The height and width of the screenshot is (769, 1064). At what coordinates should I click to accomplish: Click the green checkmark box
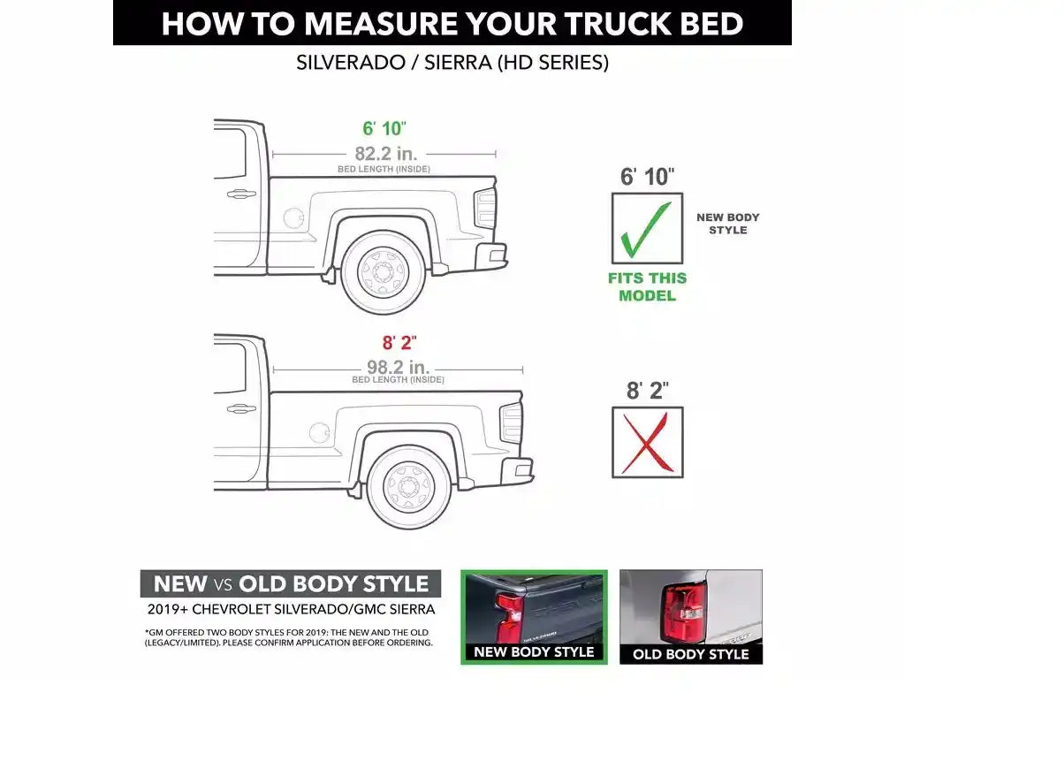point(647,228)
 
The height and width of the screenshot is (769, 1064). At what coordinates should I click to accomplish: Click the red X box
point(648,442)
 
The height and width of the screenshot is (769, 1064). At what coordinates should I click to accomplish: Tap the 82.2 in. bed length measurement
point(386,154)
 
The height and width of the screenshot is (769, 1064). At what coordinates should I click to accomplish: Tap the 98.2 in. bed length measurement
point(399,367)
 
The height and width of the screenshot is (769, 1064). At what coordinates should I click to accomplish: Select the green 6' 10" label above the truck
point(384,128)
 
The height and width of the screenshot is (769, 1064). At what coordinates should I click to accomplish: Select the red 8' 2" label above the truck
point(399,342)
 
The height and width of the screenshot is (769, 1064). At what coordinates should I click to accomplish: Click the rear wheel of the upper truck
point(383,272)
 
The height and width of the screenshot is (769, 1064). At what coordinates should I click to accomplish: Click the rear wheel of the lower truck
point(408,487)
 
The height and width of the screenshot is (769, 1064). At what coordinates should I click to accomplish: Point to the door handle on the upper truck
point(241,194)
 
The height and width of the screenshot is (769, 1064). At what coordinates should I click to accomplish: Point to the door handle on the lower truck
point(241,408)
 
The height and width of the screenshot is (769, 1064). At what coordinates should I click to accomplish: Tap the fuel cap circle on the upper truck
point(293,218)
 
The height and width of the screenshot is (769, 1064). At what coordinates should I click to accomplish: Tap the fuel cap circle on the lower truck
point(319,433)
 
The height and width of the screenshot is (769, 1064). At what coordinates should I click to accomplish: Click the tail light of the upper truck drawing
point(485,208)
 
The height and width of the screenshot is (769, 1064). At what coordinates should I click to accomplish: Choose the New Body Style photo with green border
point(534,617)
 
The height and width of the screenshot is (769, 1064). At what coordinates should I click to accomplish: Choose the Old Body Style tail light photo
point(691,617)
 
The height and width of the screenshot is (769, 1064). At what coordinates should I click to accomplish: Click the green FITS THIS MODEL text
point(648,287)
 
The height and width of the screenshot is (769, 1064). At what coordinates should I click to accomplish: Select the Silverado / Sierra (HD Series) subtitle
point(452,63)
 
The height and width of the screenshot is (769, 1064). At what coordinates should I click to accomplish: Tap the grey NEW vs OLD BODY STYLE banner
point(290,583)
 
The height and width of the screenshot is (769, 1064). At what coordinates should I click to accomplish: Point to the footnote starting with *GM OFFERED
point(289,638)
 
